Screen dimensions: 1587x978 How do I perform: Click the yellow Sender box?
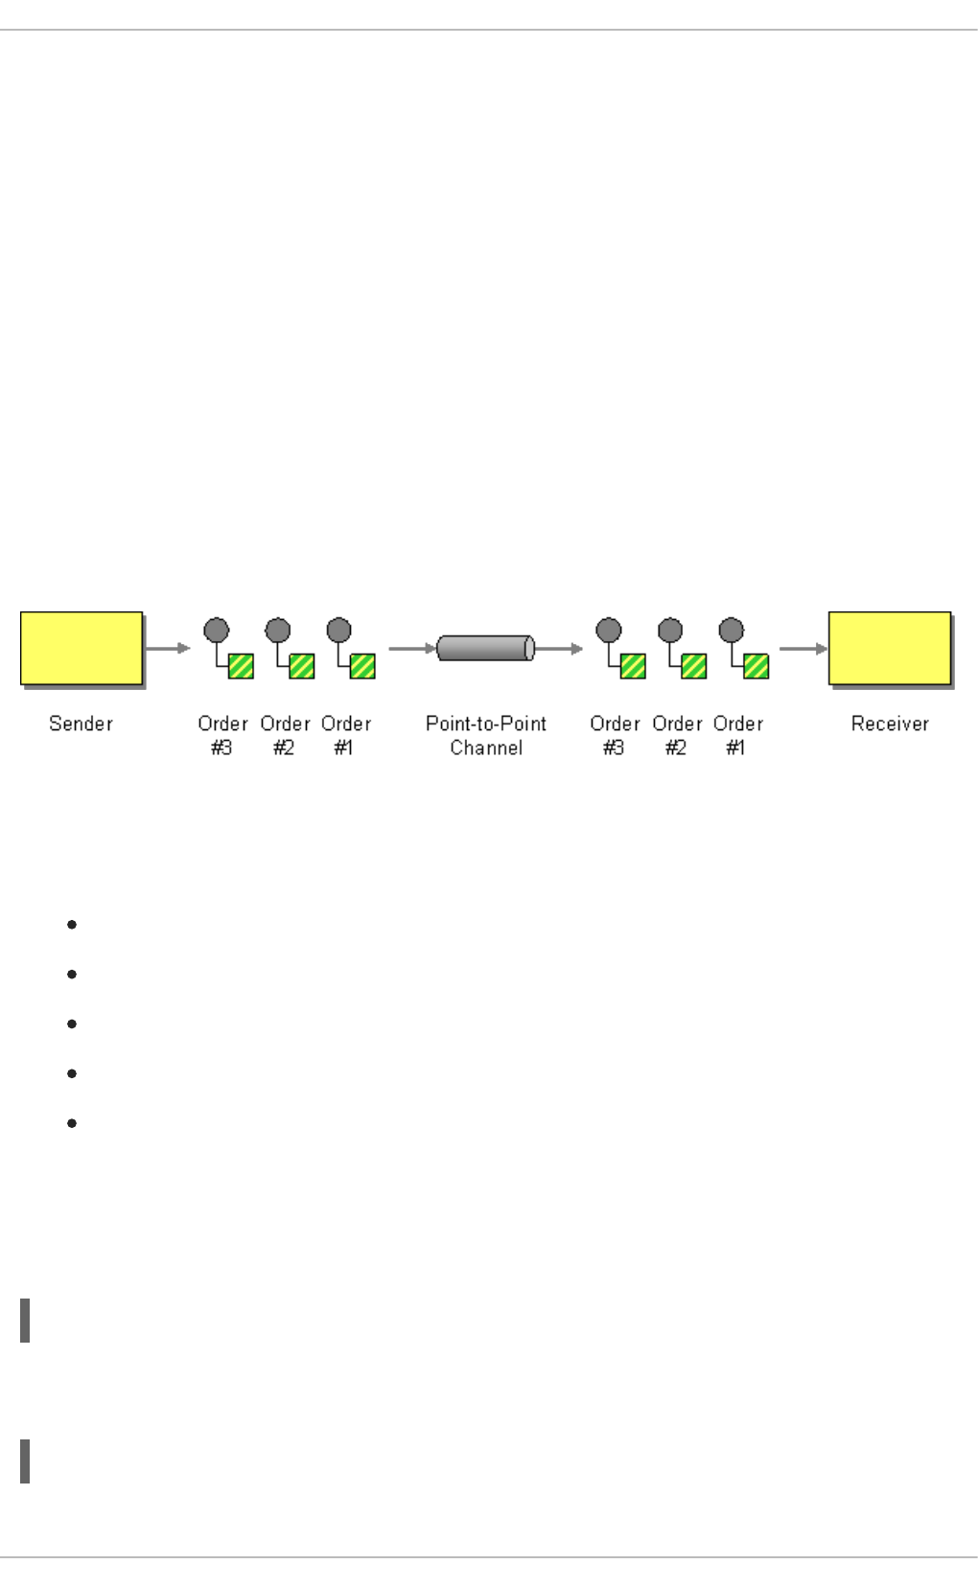[x=81, y=648]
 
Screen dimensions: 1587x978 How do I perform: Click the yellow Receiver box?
[x=890, y=648]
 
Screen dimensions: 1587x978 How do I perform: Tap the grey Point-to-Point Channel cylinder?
[x=485, y=648]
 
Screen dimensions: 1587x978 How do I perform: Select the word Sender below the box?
[x=81, y=724]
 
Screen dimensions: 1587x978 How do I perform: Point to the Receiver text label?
[x=890, y=724]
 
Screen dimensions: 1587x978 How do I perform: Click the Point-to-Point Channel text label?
[x=486, y=735]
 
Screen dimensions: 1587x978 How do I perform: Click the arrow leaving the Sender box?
[x=168, y=648]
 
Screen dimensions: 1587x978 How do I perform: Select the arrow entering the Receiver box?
[x=803, y=648]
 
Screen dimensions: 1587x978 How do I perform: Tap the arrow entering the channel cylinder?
[x=412, y=648]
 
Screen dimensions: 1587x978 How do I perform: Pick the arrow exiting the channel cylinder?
[x=559, y=648]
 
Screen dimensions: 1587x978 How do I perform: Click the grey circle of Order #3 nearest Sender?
[x=217, y=631]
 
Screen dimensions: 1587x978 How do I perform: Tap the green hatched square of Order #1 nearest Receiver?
[x=756, y=665]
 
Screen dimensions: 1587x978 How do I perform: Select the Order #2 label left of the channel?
[x=285, y=735]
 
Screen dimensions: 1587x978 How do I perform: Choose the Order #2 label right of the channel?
[x=677, y=735]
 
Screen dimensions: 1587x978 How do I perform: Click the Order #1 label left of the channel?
[x=346, y=735]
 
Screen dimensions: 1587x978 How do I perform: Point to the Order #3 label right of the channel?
[x=615, y=735]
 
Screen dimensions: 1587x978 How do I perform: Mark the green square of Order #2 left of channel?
[x=302, y=665]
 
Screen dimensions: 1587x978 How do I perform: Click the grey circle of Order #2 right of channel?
[x=670, y=631]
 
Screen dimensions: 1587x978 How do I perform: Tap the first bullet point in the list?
[x=72, y=925]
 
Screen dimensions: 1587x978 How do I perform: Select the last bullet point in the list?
[x=72, y=1122]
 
